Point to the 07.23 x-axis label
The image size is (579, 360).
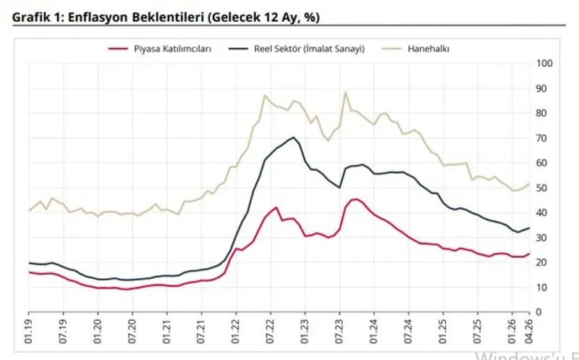point(341,330)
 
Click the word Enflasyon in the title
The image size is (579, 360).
point(96,16)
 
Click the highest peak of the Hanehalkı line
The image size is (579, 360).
point(345,93)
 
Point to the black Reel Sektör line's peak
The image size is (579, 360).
point(293,138)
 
